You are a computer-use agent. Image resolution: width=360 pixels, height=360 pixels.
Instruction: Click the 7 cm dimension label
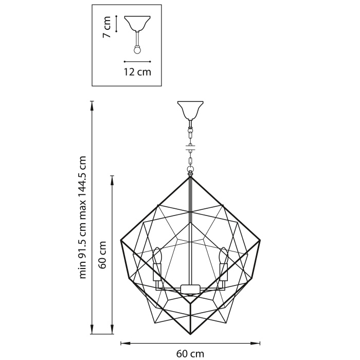[x=107, y=27]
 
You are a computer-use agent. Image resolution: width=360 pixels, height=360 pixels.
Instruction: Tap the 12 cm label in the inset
[x=137, y=72]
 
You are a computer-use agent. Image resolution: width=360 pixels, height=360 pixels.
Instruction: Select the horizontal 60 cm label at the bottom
[x=190, y=353]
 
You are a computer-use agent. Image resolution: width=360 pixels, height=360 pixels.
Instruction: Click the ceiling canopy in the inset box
[x=137, y=24]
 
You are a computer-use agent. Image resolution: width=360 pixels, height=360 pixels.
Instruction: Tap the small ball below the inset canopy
[x=137, y=50]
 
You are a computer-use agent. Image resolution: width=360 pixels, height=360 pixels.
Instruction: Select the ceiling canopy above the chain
[x=190, y=109]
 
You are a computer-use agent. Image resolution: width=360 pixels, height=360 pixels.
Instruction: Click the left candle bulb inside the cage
[x=157, y=256]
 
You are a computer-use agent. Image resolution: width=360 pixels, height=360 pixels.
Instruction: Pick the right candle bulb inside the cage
[x=223, y=256]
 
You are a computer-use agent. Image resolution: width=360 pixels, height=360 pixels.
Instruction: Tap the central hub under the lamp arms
[x=190, y=289]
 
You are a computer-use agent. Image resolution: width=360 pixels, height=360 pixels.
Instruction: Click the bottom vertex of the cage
[x=190, y=332]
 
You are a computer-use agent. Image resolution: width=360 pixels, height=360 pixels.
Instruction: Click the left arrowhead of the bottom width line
[x=123, y=343]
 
